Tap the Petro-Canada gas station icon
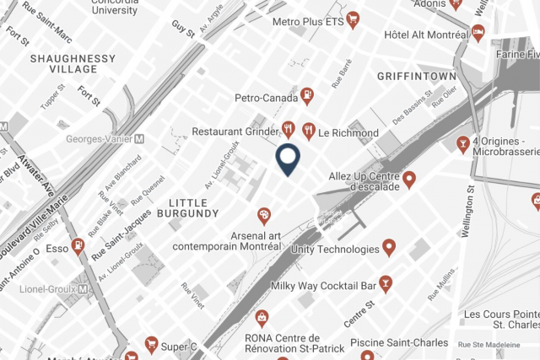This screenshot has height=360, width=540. click(x=307, y=97)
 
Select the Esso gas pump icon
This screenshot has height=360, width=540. click(x=78, y=247)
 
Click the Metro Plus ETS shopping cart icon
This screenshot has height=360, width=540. click(x=353, y=18)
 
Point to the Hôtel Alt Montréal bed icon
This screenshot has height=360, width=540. click(x=478, y=34)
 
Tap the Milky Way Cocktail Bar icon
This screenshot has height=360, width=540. click(x=386, y=284)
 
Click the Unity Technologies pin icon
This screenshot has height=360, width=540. click(x=389, y=247)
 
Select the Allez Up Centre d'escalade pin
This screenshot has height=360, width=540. click(x=409, y=178)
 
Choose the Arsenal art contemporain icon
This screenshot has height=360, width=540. click(x=264, y=216)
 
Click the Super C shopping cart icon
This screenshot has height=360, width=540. click(x=151, y=344)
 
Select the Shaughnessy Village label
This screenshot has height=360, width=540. click(x=73, y=63)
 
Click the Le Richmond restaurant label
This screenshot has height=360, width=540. click(x=348, y=132)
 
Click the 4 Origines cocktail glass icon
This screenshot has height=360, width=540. click(x=462, y=145)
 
